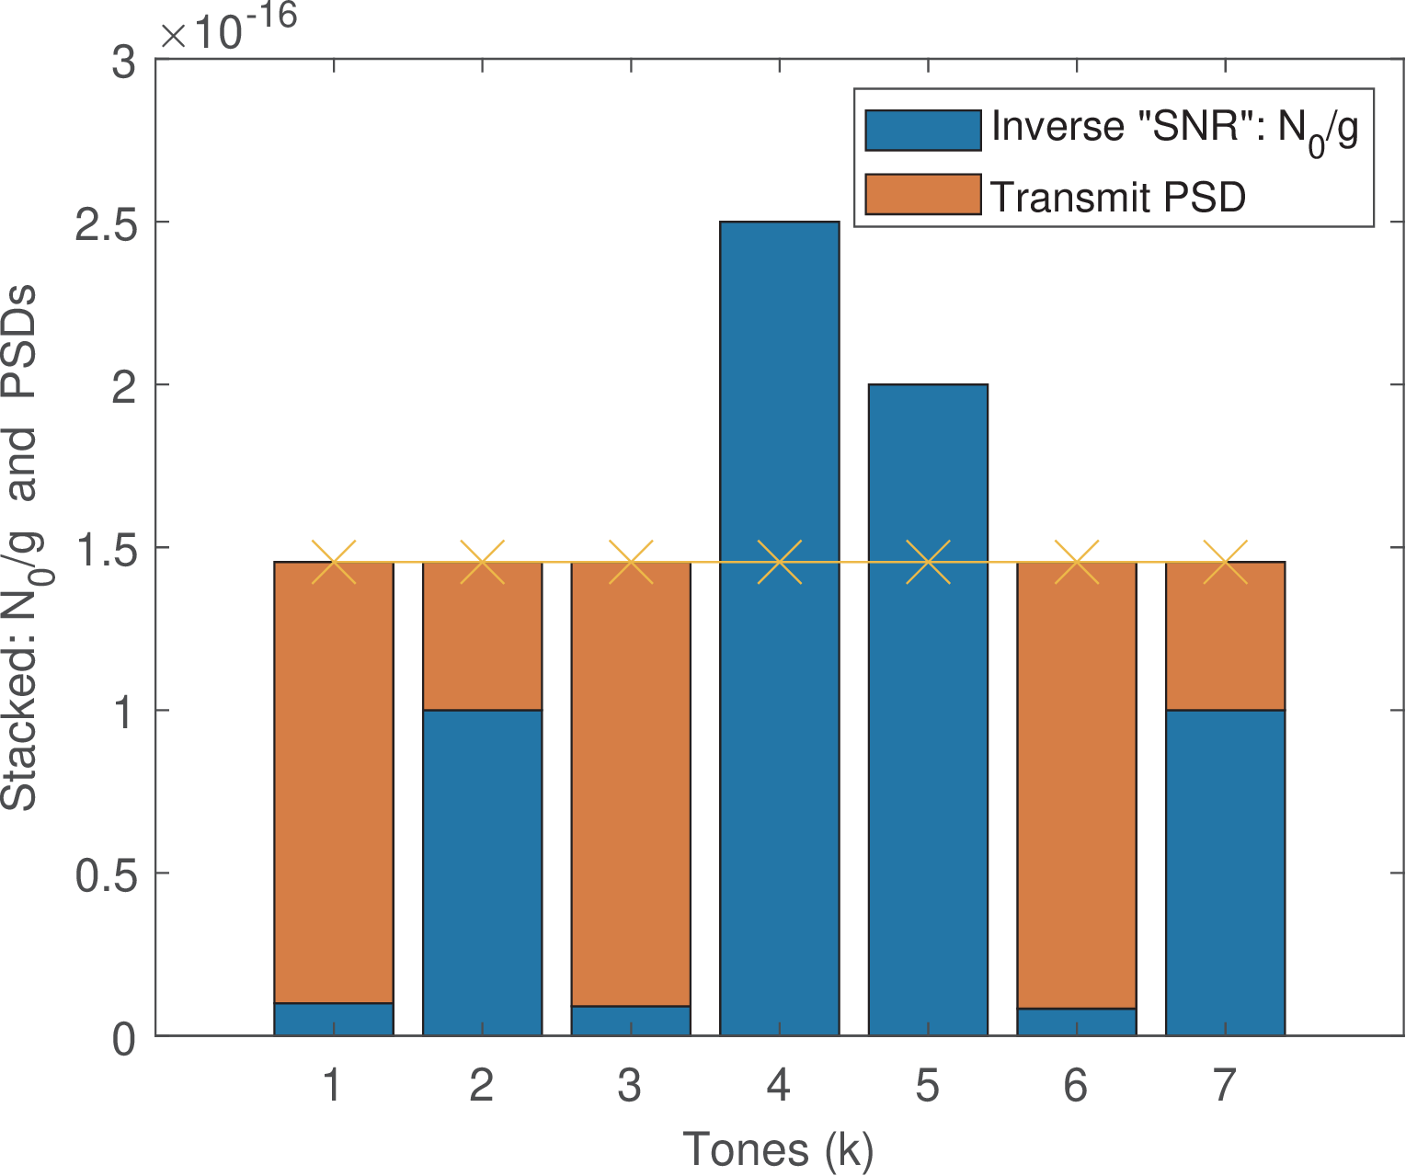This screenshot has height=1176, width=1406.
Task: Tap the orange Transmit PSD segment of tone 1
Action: [334, 782]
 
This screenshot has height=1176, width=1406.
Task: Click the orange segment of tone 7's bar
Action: [1225, 635]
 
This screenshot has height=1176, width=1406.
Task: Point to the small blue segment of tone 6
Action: [1077, 1022]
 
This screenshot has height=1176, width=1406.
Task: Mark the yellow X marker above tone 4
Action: [779, 562]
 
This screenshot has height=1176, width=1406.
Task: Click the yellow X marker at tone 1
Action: [334, 562]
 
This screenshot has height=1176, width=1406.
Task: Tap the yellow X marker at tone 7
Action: [1225, 562]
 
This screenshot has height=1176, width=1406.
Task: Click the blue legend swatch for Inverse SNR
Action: [922, 131]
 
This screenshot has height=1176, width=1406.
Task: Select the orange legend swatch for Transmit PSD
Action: [922, 195]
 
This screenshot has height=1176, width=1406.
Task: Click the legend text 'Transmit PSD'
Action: [1117, 197]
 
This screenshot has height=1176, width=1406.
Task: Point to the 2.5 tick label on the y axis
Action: [104, 223]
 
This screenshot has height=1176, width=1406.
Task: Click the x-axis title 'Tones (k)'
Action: [778, 1149]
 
